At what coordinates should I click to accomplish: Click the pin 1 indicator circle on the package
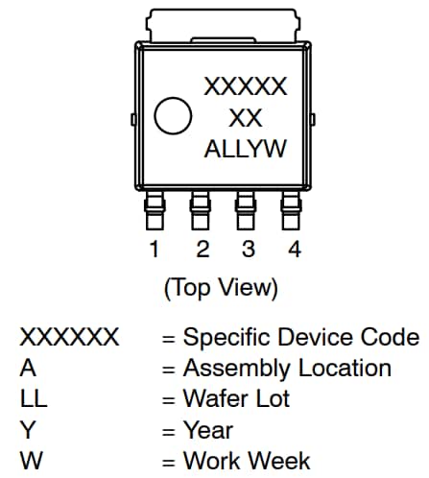(175, 117)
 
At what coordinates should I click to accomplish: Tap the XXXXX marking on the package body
(245, 87)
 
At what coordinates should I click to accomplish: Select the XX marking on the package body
(245, 118)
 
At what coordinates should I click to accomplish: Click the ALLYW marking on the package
(245, 150)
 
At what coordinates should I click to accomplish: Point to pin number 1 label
(154, 251)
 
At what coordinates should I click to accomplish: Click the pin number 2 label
(202, 251)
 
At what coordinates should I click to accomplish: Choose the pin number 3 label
(248, 251)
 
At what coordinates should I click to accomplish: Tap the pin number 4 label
(295, 251)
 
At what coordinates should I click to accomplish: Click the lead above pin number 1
(154, 210)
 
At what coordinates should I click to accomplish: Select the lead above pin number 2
(201, 210)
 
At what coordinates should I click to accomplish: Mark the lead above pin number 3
(247, 210)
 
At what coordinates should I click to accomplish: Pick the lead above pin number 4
(294, 210)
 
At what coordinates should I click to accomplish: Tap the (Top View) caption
(222, 287)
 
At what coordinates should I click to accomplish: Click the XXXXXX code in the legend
(69, 338)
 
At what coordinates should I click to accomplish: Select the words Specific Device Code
(300, 338)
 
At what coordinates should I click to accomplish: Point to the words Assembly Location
(287, 369)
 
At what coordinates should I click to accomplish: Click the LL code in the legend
(34, 399)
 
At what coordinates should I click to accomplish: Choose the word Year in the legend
(207, 430)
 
